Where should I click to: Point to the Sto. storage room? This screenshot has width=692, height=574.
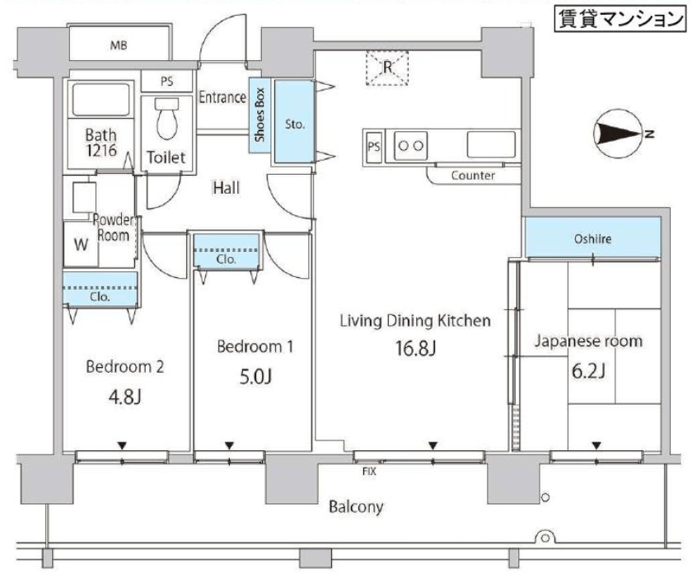coord(295,124)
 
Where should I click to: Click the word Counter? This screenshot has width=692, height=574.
coord(473,176)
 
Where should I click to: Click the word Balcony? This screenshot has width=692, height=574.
coord(356,506)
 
